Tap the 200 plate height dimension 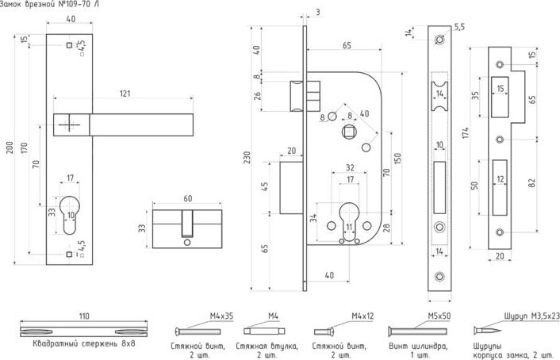pyautogui.click(x=9, y=148)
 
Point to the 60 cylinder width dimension pyautogui.click(x=187, y=198)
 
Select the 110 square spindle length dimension pyautogui.click(x=85, y=316)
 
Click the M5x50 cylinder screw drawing pyautogui.click(x=413, y=331)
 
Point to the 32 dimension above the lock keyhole pyautogui.click(x=349, y=167)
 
